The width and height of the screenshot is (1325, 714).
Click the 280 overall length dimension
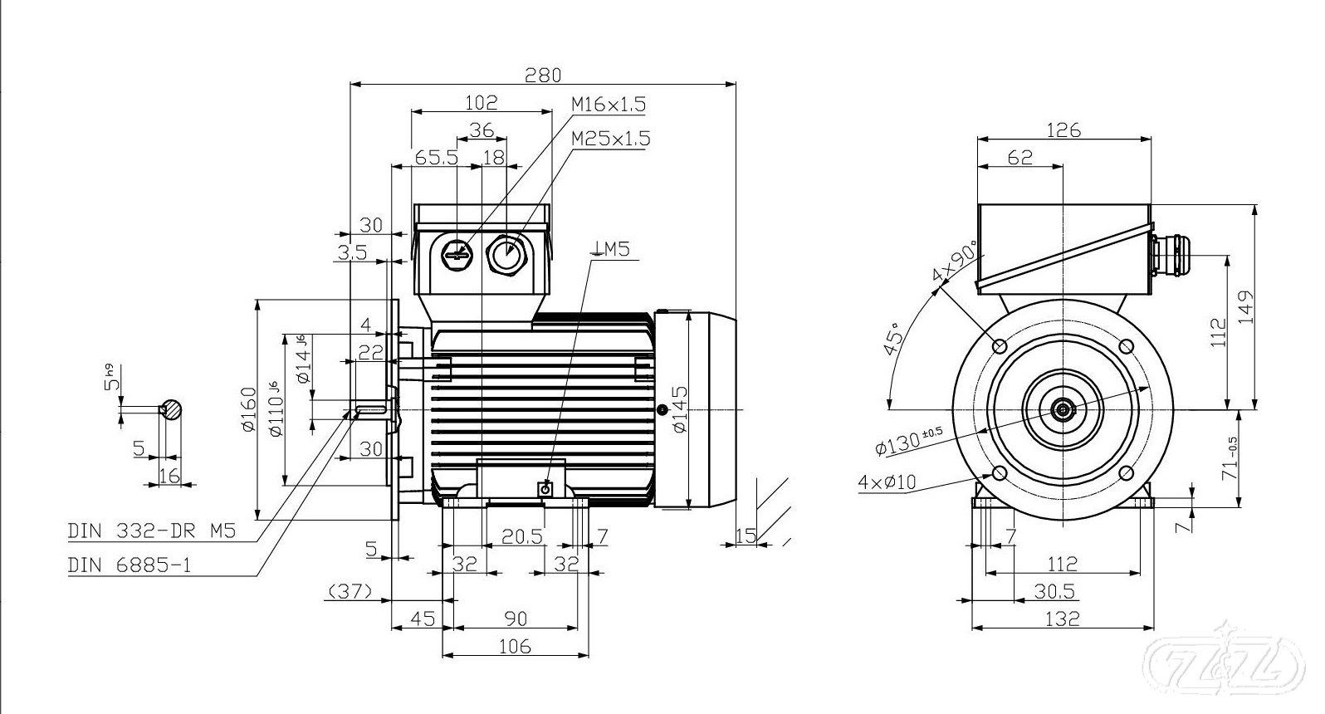click(544, 75)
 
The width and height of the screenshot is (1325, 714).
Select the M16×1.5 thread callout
click(608, 105)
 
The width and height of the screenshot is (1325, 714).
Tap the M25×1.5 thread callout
click(610, 138)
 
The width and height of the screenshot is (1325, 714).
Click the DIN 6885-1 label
click(130, 565)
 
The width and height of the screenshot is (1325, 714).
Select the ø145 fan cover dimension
click(679, 408)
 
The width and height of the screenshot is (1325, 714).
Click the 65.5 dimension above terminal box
click(437, 158)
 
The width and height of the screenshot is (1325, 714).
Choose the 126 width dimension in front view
click(1063, 130)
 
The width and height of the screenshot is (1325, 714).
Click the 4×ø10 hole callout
click(887, 482)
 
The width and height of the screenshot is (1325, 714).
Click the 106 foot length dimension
click(515, 647)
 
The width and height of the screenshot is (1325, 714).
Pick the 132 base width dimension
click(1063, 619)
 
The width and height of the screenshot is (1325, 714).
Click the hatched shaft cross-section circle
click(173, 409)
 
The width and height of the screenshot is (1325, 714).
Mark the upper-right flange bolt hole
click(1127, 345)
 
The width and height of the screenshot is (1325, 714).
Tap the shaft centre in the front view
click(1063, 409)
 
